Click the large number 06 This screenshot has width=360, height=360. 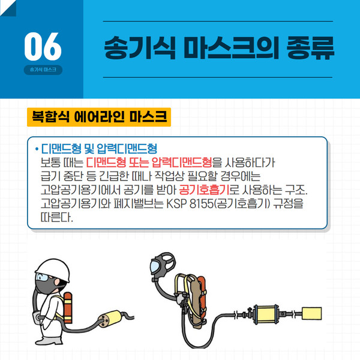click(x=43, y=46)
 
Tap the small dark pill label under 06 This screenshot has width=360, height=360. click(x=43, y=70)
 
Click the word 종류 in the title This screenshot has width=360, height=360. click(x=310, y=48)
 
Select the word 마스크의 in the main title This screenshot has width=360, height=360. click(x=231, y=48)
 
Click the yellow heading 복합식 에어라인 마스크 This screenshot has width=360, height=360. click(x=99, y=117)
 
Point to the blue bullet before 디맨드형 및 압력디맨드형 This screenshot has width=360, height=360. click(x=37, y=149)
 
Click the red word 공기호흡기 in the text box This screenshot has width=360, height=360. click(x=203, y=190)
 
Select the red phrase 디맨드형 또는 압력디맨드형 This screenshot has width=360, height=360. click(x=149, y=163)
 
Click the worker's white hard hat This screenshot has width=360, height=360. click(x=53, y=270)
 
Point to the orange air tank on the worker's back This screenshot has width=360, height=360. click(x=68, y=307)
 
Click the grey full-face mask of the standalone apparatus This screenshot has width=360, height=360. click(x=163, y=265)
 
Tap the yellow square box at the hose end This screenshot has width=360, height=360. click(x=311, y=313)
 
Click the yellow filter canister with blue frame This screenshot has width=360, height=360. click(x=266, y=314)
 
